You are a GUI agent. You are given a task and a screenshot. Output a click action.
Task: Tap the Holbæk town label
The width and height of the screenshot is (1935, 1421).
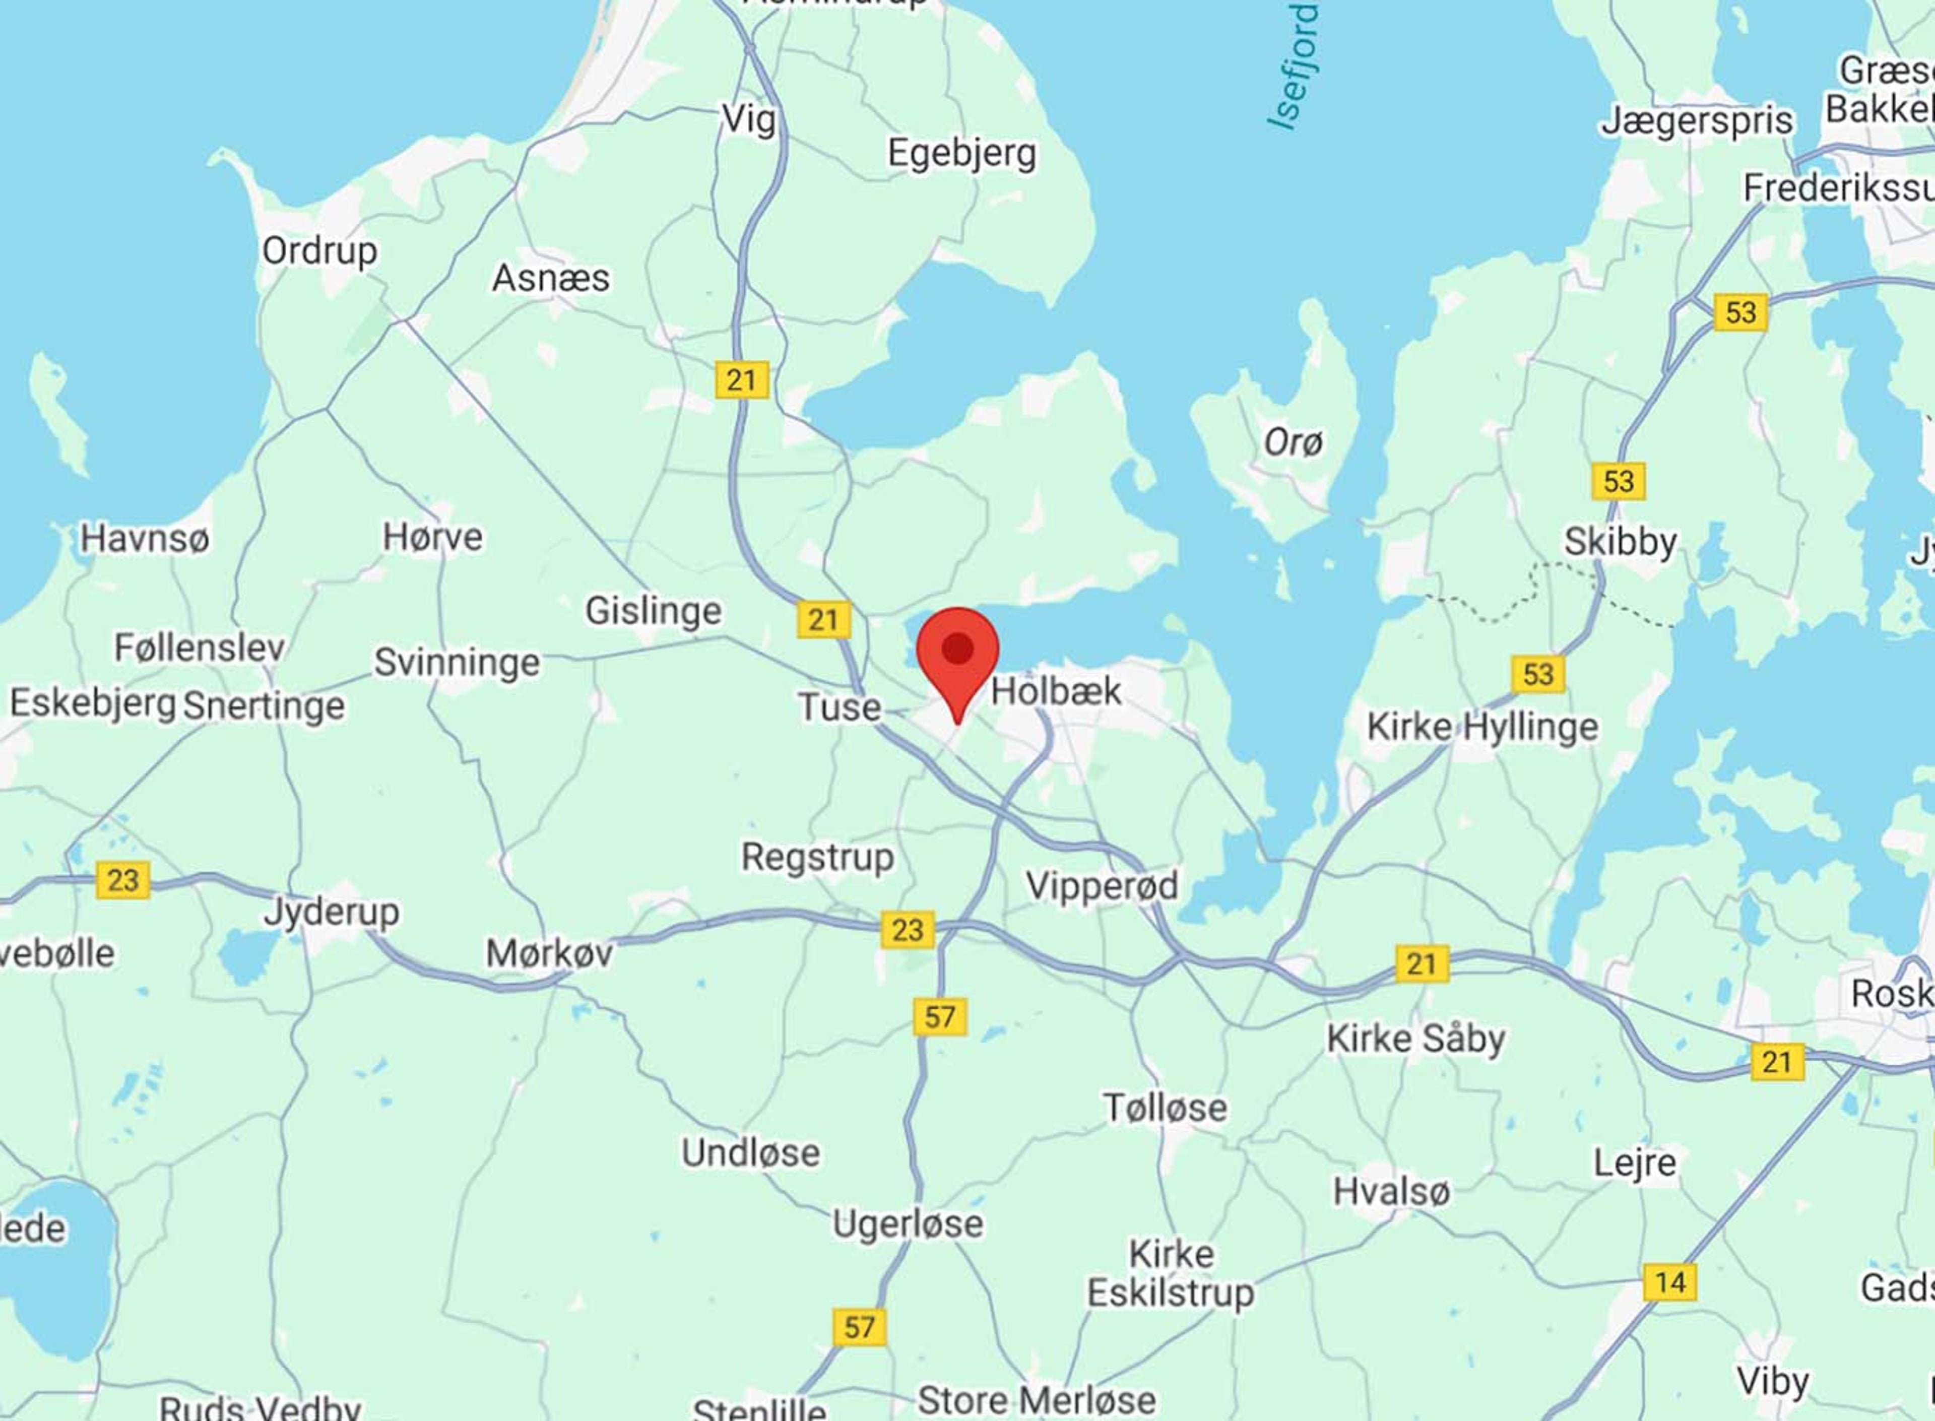[1056, 691]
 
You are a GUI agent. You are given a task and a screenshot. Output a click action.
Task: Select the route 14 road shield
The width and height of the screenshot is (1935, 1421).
[1669, 1282]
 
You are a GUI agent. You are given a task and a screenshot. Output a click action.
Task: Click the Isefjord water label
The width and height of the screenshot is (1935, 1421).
[1295, 67]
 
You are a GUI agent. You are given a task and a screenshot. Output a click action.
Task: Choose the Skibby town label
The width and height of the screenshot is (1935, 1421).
[1620, 541]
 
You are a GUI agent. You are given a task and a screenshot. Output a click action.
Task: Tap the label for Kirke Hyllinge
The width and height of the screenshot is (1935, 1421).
[1482, 727]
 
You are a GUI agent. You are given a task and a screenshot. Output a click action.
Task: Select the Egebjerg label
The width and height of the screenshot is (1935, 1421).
[961, 153]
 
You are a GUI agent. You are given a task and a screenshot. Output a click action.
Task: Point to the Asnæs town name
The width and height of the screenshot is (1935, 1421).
[550, 278]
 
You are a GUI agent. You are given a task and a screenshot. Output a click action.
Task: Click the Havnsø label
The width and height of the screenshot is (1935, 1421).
[145, 539]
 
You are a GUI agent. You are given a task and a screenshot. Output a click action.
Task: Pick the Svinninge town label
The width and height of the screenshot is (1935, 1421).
[457, 662]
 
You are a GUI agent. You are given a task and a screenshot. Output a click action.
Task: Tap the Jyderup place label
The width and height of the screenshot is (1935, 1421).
[331, 912]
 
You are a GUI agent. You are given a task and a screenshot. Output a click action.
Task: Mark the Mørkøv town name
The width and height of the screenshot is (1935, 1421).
[549, 953]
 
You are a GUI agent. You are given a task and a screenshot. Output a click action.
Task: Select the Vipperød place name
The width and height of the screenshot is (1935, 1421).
[1102, 885]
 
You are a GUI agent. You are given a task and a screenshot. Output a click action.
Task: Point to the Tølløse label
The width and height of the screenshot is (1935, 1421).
[1166, 1107]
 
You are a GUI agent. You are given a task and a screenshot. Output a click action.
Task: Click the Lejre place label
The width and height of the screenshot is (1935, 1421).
[1635, 1162]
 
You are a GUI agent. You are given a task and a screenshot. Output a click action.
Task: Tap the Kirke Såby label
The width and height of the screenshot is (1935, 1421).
[1415, 1038]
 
